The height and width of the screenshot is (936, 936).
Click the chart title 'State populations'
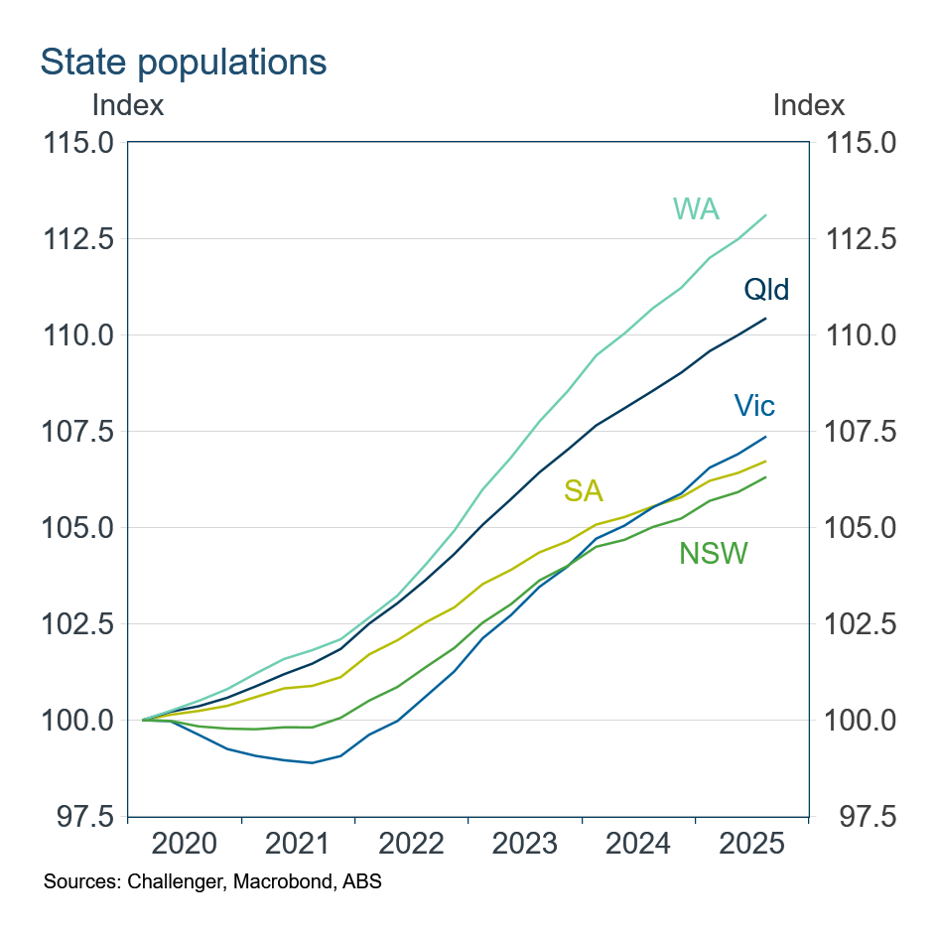point(183,62)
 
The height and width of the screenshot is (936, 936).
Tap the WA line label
point(696,209)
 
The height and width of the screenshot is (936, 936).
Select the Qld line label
point(766,290)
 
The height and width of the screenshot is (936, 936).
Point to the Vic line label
point(754,405)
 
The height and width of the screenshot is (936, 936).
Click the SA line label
point(584,490)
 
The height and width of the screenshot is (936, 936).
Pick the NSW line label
point(713,554)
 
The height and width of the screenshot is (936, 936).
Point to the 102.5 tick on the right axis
point(861,624)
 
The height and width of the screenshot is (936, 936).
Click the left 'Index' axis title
point(128,104)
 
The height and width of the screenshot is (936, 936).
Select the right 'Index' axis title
point(808,104)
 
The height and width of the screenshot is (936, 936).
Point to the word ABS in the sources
point(362,881)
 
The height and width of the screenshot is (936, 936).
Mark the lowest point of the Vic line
point(313,762)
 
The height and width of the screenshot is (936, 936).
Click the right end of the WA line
point(765,215)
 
